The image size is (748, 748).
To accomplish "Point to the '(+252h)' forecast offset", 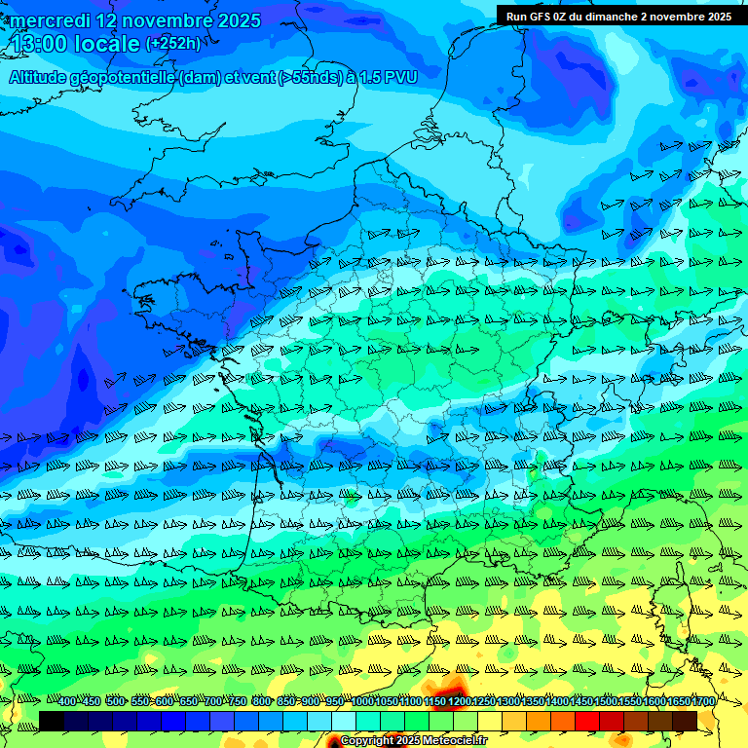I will coord(173,44).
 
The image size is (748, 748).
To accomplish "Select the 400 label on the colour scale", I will coord(67,702).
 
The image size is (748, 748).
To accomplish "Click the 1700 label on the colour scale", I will coord(703,702).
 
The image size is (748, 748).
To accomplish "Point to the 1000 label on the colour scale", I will coord(362,702).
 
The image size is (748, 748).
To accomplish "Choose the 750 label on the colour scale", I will coord(238,702).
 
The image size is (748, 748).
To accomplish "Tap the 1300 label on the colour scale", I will coord(508,702).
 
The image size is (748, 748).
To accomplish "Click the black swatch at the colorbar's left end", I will coord(52,721).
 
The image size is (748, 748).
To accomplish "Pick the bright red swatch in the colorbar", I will coord(587,721).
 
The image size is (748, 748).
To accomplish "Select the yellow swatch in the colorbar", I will coord(490,721).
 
